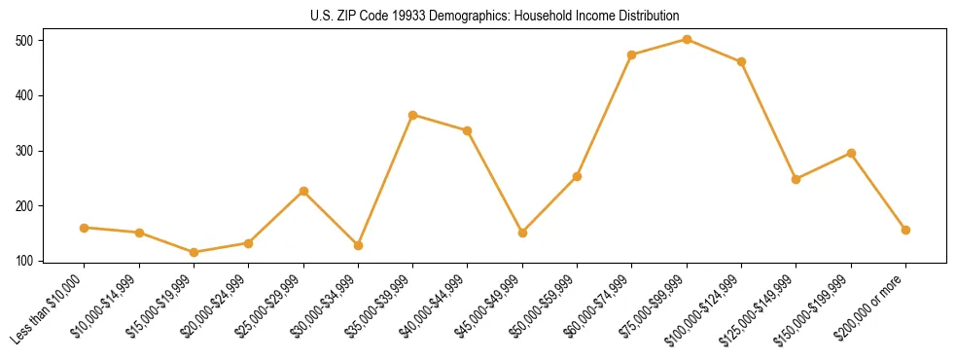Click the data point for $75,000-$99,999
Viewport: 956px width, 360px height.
(687, 40)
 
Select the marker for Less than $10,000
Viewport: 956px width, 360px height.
(85, 228)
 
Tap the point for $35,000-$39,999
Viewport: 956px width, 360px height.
(413, 115)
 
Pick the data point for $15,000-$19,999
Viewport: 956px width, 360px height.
(194, 252)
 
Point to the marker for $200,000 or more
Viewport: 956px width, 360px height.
(905, 230)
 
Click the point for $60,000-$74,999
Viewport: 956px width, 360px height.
(632, 54)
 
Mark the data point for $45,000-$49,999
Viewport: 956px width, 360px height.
(522, 233)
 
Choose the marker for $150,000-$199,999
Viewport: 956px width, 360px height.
(851, 153)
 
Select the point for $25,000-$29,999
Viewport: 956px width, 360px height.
(303, 191)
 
